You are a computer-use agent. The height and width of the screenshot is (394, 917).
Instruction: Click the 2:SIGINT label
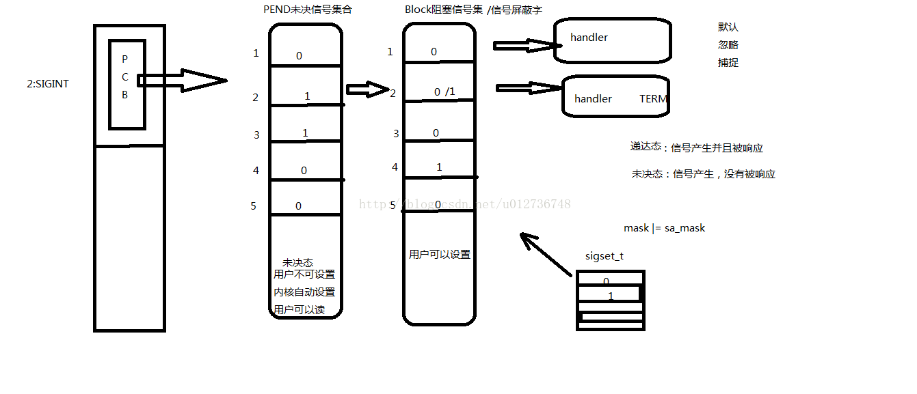47,84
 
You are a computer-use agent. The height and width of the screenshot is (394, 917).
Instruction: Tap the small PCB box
127,84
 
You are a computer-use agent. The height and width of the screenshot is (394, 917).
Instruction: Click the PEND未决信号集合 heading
312,10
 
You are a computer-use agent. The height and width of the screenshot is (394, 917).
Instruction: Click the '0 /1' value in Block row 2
444,92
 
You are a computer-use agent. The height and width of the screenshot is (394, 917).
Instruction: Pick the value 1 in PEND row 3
305,132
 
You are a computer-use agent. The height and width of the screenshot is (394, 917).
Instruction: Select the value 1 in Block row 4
439,167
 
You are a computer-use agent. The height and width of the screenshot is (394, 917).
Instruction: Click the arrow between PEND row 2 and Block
367,89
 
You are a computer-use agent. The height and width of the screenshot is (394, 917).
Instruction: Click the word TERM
653,98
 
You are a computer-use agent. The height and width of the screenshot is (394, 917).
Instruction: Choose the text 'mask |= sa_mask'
664,228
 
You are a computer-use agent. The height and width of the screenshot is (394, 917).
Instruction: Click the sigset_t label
604,256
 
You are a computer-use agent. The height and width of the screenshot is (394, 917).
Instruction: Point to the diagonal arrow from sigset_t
546,255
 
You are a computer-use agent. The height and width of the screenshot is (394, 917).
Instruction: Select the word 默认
728,27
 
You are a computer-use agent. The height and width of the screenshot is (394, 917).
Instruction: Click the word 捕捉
728,63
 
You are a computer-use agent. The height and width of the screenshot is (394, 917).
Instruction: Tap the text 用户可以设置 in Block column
440,254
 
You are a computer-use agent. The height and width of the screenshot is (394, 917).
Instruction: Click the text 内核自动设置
304,292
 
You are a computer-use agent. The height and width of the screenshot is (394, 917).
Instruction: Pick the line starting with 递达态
695,147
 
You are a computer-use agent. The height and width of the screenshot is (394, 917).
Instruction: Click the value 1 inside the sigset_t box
611,296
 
